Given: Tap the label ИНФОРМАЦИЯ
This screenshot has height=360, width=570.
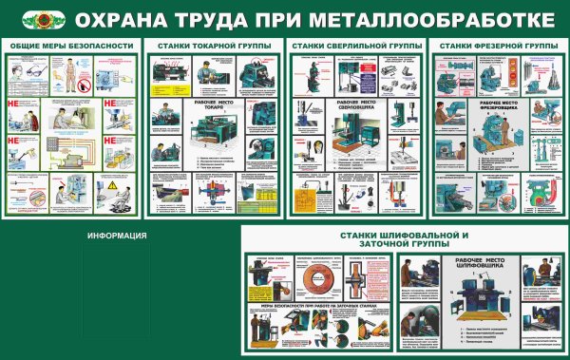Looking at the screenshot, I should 116,236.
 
